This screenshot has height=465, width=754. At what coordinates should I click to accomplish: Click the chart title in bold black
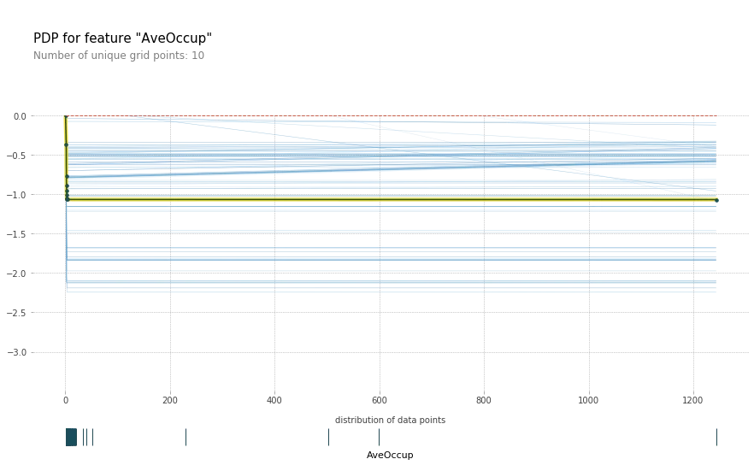click(123, 37)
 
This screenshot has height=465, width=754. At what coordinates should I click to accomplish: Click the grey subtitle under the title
click(120, 55)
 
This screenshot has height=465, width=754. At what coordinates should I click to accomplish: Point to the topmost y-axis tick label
click(20, 116)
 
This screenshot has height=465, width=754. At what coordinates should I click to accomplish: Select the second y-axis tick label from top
click(18, 156)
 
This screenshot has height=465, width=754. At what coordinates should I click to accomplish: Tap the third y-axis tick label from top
click(18, 195)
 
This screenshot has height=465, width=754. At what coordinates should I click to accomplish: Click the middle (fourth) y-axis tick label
click(18, 232)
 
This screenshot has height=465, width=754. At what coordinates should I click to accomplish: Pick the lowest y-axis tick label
click(18, 351)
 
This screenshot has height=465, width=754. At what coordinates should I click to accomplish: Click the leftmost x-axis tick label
click(64, 397)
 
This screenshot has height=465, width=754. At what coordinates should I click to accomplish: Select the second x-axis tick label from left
click(168, 398)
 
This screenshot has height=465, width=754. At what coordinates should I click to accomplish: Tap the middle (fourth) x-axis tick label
click(379, 398)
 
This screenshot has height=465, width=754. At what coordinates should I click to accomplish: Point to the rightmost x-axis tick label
click(691, 398)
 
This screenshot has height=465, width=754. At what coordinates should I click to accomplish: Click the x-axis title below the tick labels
click(392, 417)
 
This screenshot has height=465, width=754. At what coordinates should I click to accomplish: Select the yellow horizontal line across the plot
click(385, 200)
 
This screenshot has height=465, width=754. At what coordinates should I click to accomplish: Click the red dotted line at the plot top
click(385, 115)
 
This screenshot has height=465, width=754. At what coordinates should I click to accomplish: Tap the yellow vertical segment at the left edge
click(64, 158)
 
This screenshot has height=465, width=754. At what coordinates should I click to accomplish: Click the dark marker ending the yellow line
click(719, 202)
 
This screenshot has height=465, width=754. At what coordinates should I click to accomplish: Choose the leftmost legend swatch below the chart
click(78, 438)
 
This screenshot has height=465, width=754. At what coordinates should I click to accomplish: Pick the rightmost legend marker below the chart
click(715, 438)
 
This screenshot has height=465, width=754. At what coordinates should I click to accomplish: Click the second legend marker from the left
click(188, 438)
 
